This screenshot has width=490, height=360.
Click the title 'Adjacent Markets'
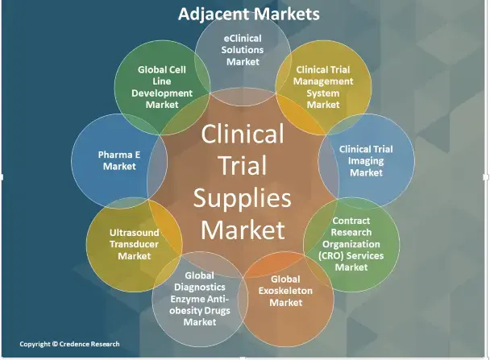(x=247, y=14)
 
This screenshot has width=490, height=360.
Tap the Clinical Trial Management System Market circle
(x=323, y=84)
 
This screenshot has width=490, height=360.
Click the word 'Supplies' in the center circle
(x=243, y=197)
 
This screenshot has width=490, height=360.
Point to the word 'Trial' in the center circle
(x=242, y=164)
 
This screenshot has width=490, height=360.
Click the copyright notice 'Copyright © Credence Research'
(x=69, y=344)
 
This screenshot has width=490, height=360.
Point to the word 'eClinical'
(x=244, y=37)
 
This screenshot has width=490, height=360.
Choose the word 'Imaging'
(x=367, y=161)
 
